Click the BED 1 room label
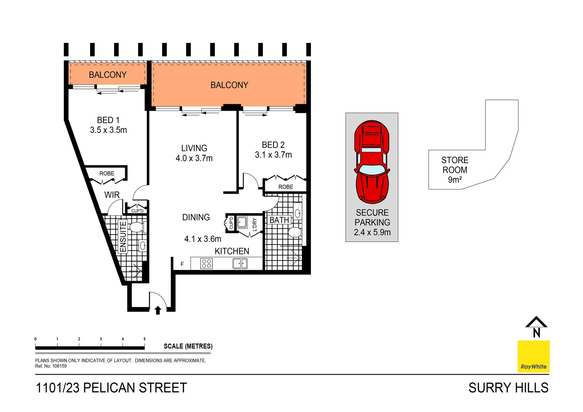pos(108,120)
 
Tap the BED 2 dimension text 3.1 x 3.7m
pos(273,155)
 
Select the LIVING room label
pos(194,148)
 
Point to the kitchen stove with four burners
pos(206,263)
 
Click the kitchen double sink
pos(240,263)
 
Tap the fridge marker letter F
pos(182,264)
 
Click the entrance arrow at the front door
pos(158,311)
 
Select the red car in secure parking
pos(372,162)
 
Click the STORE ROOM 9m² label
pos(454,170)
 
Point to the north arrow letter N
pos(536,333)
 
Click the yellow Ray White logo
pos(533,357)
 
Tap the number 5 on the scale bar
pos(144,339)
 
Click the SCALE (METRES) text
pos(188,346)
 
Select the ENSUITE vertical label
pos(123,237)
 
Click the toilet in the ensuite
pos(137,227)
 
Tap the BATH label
pos(279,220)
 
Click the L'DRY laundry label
pos(254,224)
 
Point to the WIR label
pos(112,195)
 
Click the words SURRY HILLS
pos(508,388)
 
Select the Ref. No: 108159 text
pos(51,366)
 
